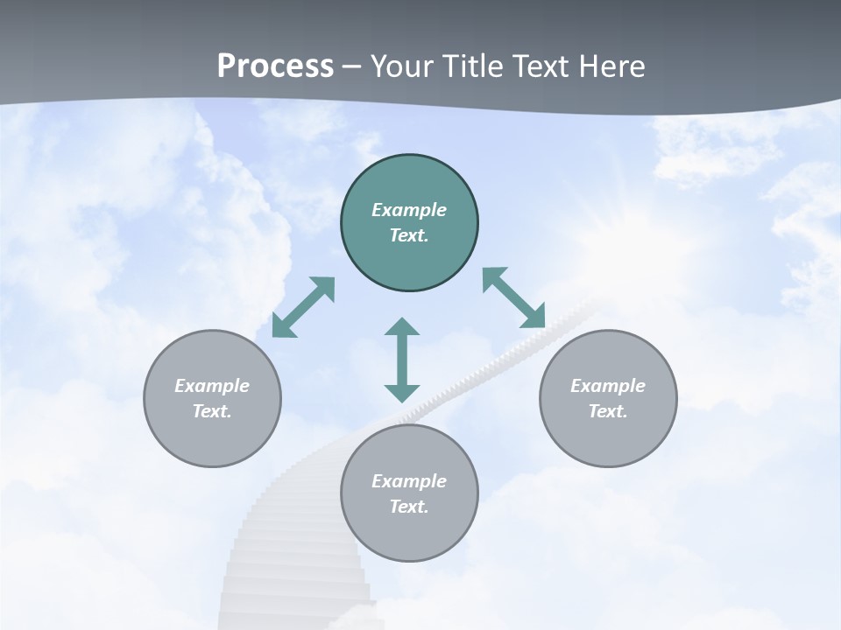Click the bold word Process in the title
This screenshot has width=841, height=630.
tap(275, 66)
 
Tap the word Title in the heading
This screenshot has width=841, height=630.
tap(473, 66)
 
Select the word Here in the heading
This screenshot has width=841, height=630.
tap(611, 66)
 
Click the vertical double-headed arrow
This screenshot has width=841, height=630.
tap(402, 360)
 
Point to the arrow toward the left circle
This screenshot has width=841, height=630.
tap(303, 307)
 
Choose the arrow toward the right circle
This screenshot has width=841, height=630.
tap(514, 297)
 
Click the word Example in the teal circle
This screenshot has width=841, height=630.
tap(409, 210)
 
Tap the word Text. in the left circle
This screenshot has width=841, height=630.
tap(212, 411)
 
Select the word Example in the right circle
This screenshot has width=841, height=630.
tap(608, 386)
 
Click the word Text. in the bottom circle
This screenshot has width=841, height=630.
tap(409, 507)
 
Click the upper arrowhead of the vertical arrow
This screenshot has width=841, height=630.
tap(402, 328)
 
